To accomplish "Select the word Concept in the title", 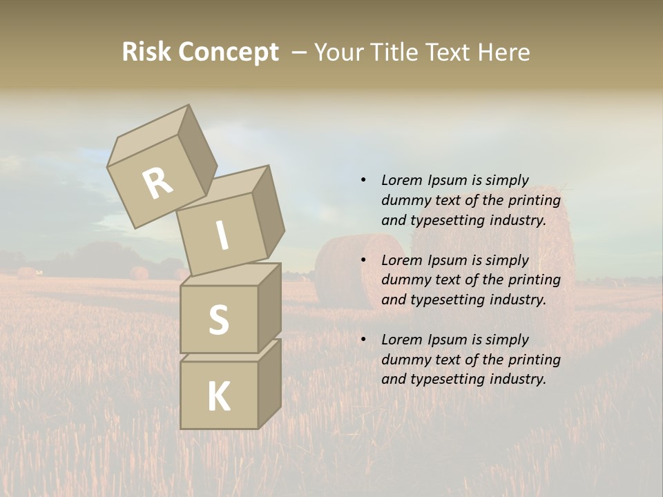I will point(229,52).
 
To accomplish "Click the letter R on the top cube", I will point(157,182).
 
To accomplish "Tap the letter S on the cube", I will point(218,320).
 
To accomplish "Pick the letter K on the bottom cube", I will point(218,396).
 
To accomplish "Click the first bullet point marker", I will point(363,180).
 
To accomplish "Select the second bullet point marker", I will point(363,260).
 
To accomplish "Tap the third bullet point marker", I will point(363,340).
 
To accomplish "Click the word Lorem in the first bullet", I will point(402,180).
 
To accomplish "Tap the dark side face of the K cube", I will point(269,383).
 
